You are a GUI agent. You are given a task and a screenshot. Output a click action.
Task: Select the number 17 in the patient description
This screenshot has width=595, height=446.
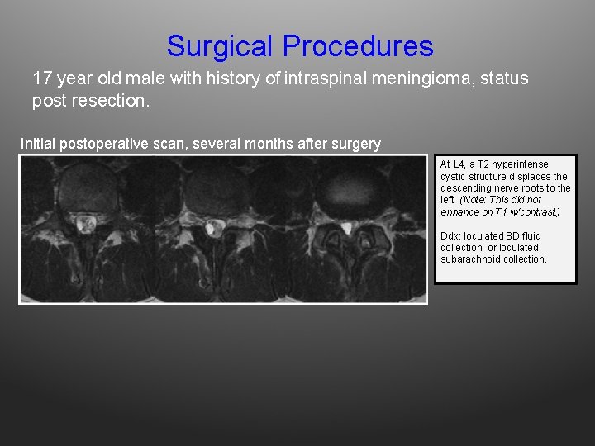click(42, 79)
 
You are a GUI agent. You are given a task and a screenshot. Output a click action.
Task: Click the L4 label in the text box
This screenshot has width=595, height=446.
click(459, 164)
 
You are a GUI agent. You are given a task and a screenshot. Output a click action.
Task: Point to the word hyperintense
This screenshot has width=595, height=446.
click(521, 164)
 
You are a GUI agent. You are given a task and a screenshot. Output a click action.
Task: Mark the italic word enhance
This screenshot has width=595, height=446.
click(458, 212)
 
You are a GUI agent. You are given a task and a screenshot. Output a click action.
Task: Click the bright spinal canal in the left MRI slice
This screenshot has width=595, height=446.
click(84, 221)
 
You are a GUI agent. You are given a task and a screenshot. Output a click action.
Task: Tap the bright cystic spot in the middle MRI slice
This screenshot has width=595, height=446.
click(214, 226)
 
